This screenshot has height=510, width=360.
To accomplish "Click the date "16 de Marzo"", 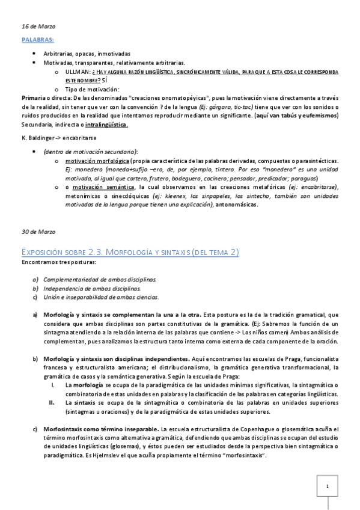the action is pos(33,26).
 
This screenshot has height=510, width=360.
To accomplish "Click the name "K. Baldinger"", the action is pos(38,138).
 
